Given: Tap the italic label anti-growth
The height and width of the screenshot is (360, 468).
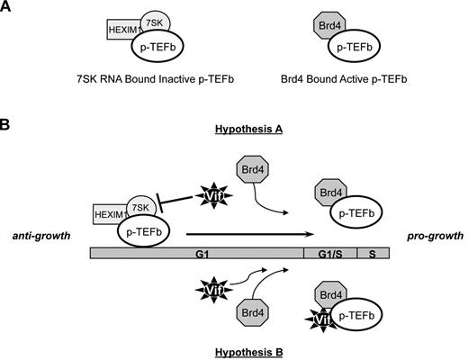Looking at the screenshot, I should tap(43, 236).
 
